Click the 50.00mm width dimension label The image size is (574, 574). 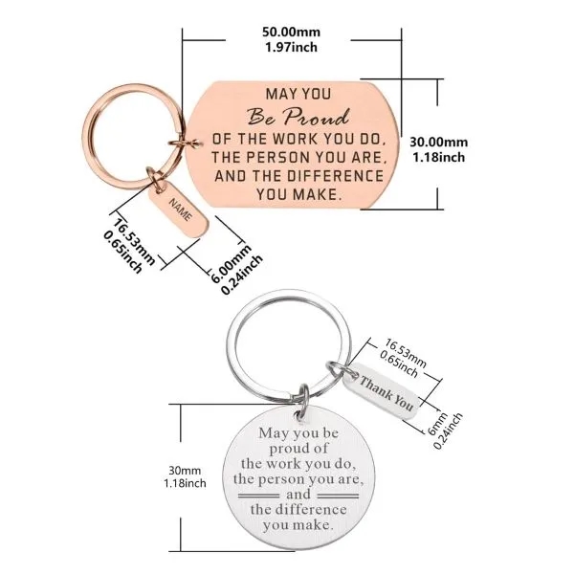(x=291, y=33)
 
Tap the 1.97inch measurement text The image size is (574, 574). (x=291, y=47)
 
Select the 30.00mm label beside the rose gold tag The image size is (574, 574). (x=438, y=142)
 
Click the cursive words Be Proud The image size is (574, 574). (x=298, y=117)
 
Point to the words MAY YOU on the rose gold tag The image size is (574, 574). (x=298, y=94)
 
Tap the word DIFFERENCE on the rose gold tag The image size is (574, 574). (x=335, y=176)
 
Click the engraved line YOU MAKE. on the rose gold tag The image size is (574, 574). (x=298, y=194)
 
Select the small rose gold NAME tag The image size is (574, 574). (x=180, y=209)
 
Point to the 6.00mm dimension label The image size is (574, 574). (x=231, y=264)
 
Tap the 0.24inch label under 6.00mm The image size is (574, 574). (x=242, y=275)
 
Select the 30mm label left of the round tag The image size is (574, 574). (x=185, y=471)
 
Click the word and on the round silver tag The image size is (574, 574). (x=298, y=495)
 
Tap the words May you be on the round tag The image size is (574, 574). (x=298, y=433)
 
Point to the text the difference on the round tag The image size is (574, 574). (x=298, y=510)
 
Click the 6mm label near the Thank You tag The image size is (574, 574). (x=438, y=424)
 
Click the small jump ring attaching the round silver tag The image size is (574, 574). (x=303, y=402)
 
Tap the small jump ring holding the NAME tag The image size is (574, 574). (x=157, y=179)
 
